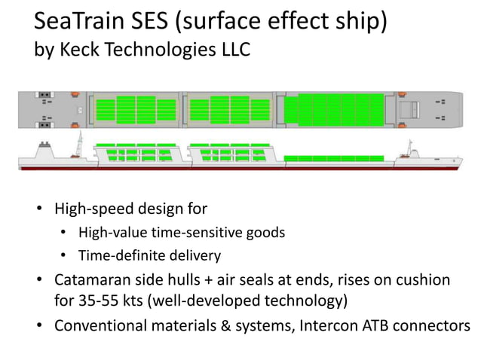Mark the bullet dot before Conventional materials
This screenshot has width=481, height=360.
tap(39, 326)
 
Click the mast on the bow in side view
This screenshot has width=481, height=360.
tap(412, 145)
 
